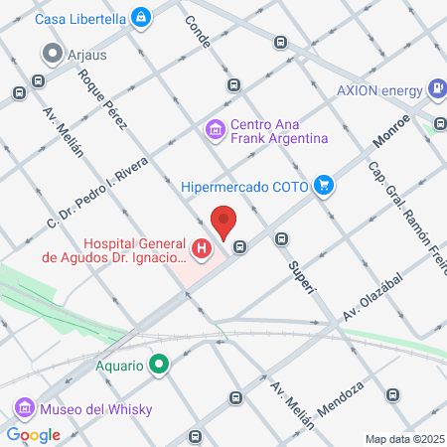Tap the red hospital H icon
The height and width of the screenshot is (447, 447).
point(203,248)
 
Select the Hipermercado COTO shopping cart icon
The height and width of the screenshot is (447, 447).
point(323,185)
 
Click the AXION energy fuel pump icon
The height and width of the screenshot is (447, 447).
point(435,87)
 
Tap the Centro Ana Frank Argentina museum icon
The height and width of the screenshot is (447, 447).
point(214,128)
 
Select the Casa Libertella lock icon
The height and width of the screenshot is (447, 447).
point(142,18)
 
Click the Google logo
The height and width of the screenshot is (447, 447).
point(34,434)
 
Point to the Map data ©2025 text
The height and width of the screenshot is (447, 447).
point(402,439)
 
